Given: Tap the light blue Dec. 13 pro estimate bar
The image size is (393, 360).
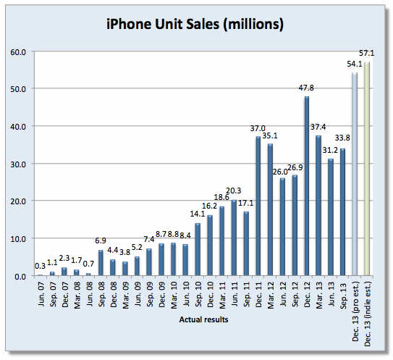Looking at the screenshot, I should (x=355, y=174).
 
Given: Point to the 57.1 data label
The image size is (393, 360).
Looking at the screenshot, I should (x=368, y=53).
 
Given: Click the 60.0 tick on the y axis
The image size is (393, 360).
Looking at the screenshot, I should (x=18, y=52).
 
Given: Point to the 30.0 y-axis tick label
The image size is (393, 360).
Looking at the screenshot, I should (x=18, y=164).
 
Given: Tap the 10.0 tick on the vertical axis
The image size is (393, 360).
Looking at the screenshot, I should (x=18, y=238).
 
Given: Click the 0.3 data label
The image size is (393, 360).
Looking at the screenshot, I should (x=39, y=267).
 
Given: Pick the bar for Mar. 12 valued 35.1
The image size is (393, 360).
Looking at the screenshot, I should (x=270, y=210).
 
